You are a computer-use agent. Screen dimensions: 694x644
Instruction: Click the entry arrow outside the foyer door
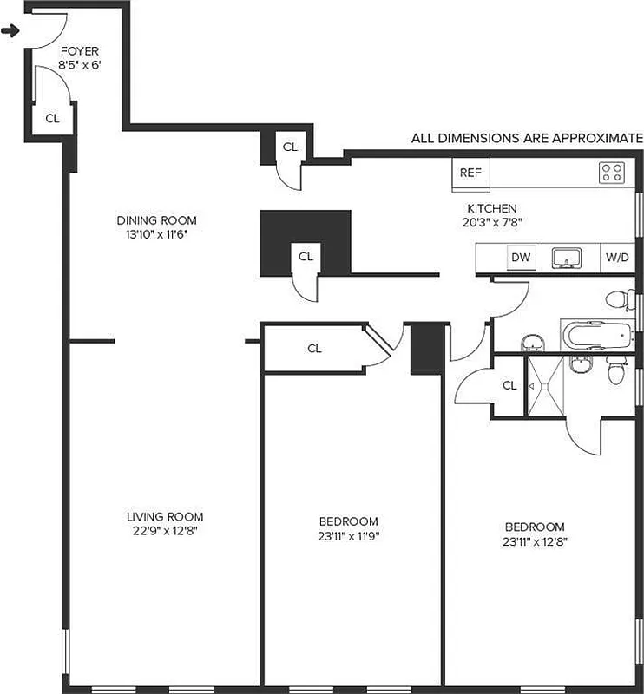[10, 32]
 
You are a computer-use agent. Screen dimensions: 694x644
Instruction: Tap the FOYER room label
[78, 51]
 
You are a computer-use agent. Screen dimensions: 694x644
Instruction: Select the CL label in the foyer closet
[52, 119]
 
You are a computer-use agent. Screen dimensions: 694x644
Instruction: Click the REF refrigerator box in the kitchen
[470, 173]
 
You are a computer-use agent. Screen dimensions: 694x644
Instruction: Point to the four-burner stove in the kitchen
[611, 173]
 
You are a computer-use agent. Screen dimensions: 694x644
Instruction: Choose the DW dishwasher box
[521, 258]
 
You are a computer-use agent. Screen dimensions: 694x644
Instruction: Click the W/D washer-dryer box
[617, 258]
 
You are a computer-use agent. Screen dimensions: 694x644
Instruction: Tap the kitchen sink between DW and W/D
[569, 258]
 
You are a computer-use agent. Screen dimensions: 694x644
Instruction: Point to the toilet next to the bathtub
[618, 300]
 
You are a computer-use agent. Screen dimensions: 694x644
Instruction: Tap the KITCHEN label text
[492, 208]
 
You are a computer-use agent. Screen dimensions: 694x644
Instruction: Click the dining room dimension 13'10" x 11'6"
[157, 234]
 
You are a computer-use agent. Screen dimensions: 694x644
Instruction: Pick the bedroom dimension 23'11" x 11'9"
[348, 535]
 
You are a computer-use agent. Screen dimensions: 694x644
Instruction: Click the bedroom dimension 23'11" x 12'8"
[535, 541]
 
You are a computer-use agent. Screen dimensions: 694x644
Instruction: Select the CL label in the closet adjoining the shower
[509, 385]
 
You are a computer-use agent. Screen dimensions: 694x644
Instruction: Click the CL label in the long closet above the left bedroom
[314, 349]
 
